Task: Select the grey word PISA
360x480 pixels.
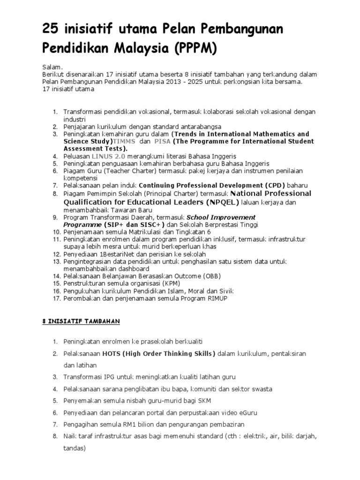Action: pos(162,141)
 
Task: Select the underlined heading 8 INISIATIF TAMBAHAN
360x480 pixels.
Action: pos(79,321)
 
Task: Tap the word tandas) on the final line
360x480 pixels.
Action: pos(75,448)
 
